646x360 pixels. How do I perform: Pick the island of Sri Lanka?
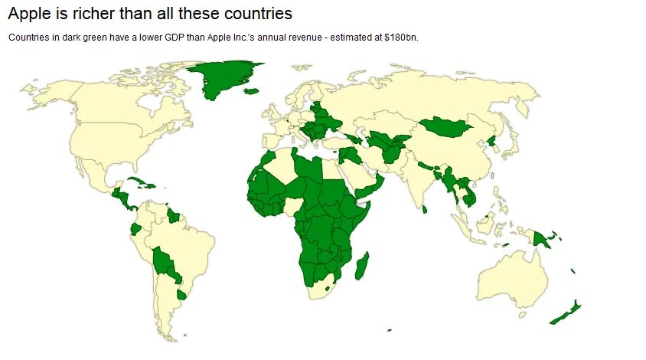click(424, 208)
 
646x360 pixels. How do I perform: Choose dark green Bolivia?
click(162, 259)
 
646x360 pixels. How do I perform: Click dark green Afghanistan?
click(392, 152)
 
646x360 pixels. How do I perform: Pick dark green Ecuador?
click(135, 228)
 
